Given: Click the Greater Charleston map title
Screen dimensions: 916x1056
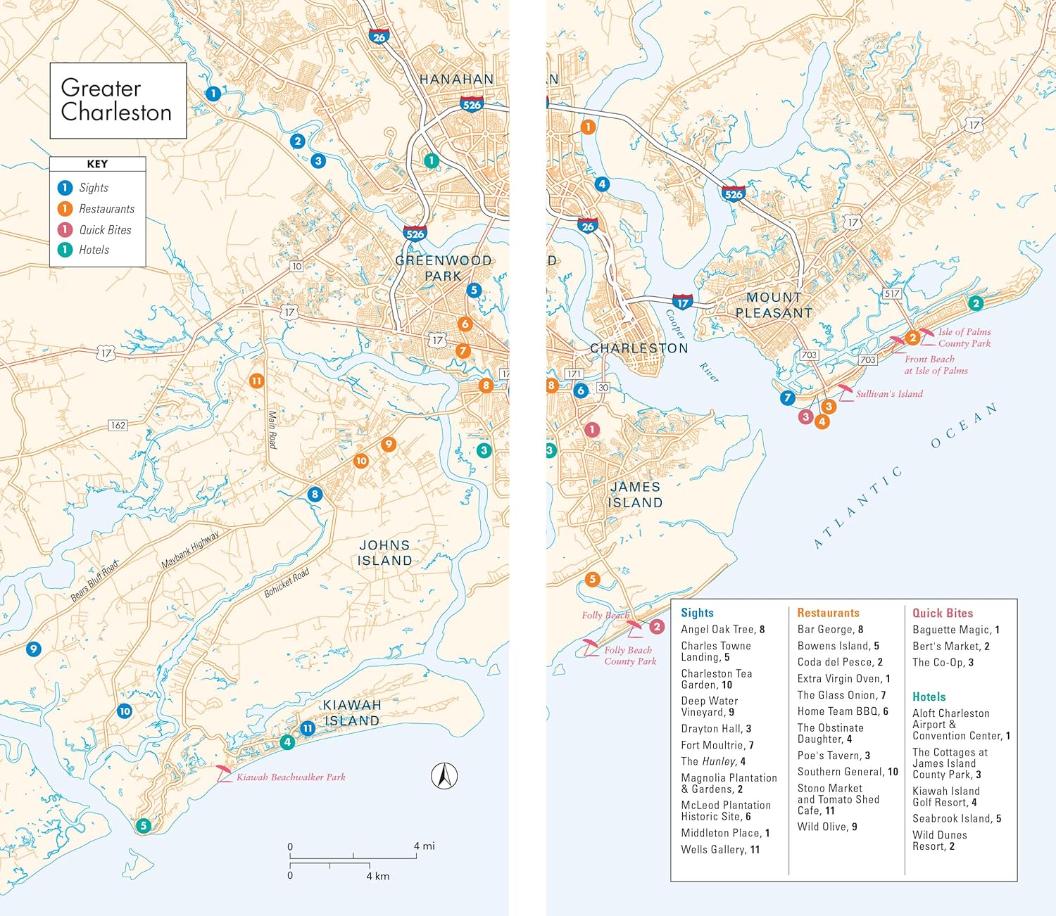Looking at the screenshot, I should pyautogui.click(x=116, y=100).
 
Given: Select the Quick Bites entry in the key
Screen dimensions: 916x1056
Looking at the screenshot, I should pyautogui.click(x=104, y=230).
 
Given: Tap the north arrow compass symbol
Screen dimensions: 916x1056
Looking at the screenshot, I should pyautogui.click(x=444, y=776).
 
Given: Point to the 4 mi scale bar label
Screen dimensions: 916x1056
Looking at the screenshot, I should pyautogui.click(x=424, y=846).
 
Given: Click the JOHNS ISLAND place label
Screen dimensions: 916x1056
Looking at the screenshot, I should pyautogui.click(x=384, y=553).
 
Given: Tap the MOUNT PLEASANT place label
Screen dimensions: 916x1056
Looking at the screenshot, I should pyautogui.click(x=774, y=305).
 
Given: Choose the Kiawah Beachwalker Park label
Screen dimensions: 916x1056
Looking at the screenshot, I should pyautogui.click(x=291, y=777).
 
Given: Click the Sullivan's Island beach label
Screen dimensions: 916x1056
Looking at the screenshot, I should pyautogui.click(x=889, y=394).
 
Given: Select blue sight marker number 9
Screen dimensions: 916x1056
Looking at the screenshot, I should pyautogui.click(x=33, y=649).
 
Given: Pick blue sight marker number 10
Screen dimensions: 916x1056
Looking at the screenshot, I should pyautogui.click(x=125, y=711).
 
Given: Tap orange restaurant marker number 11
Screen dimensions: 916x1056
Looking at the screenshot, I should pyautogui.click(x=256, y=381).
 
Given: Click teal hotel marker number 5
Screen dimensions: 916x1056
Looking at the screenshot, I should pyautogui.click(x=144, y=825).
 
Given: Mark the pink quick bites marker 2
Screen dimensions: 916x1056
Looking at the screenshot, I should pyautogui.click(x=657, y=626).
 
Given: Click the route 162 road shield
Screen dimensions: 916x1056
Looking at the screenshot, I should pyautogui.click(x=118, y=425).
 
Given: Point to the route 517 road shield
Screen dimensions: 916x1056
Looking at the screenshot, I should pyautogui.click(x=892, y=293).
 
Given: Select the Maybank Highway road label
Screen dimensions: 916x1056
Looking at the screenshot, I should pyautogui.click(x=190, y=550).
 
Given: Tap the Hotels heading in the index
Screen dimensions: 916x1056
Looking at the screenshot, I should pyautogui.click(x=929, y=697).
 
